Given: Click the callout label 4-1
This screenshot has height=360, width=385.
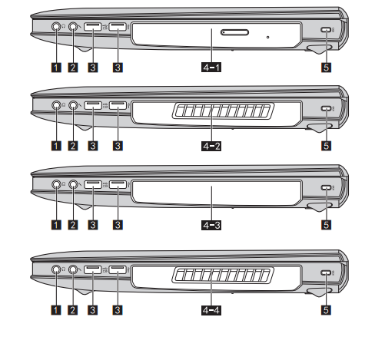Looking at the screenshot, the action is pos(211,68).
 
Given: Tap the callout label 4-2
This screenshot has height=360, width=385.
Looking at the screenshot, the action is pos(211,146).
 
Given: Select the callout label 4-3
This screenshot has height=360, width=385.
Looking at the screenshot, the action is pos(211,225).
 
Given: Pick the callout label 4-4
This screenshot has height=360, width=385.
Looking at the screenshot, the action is pos(211,310).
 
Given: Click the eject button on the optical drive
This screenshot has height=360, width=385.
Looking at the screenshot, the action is pos(234,32).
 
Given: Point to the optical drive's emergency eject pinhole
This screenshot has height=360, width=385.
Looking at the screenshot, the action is pos(268,38).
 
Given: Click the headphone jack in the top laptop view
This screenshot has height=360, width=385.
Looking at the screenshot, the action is pos(56,26).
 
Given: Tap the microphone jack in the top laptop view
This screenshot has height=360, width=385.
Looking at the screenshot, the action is pos(73,26).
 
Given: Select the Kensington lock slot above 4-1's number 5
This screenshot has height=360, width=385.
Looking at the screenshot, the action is pos(326,29).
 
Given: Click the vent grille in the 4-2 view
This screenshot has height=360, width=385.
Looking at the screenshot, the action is pos(223,111).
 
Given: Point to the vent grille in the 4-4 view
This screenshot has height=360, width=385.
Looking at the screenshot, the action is pos(223,276).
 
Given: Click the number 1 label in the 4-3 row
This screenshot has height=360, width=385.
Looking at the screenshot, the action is pos(56,225).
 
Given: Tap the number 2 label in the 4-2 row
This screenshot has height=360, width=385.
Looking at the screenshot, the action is pos(73,146).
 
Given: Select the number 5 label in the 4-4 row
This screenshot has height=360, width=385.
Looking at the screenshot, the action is pos(326,310).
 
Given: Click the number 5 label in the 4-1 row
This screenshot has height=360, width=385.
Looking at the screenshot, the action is pos(326,68).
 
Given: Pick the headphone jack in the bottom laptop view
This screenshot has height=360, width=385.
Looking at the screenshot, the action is pos(56,269).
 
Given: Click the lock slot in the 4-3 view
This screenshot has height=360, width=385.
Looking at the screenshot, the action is pos(326,187).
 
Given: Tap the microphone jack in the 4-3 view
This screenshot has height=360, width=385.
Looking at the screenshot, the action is pos(73,184).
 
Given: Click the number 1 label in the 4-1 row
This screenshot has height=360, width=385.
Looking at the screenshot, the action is pos(56,68).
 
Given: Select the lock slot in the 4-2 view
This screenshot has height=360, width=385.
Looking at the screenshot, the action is pos(326,108).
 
